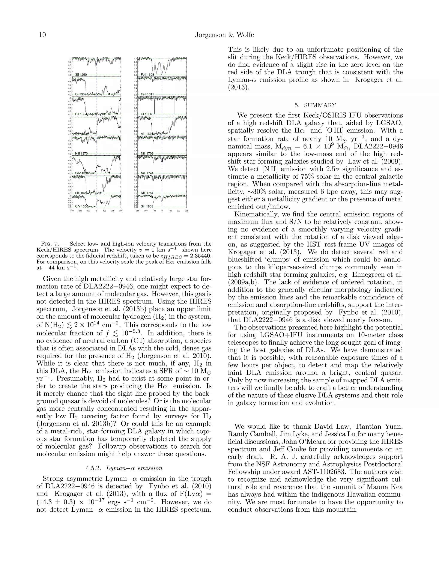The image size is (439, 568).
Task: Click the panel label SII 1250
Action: coord(81,75)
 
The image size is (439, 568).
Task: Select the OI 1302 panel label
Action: coord(81,94)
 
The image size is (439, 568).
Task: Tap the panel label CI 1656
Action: coord(146,114)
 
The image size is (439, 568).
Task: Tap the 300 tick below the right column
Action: coord(186,211)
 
